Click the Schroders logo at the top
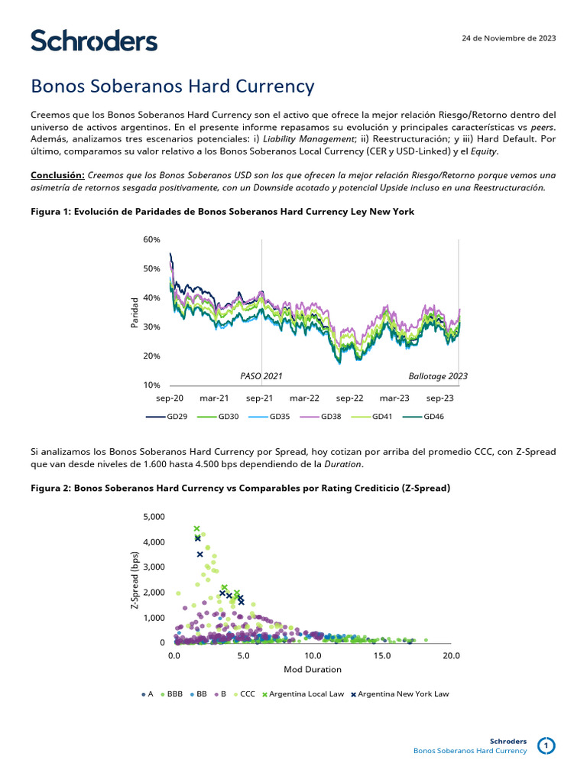94,41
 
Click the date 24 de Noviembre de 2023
509,38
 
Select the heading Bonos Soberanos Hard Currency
172,86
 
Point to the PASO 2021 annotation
261,376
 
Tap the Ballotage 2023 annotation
438,376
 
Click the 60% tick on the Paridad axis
151,239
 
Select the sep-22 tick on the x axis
349,398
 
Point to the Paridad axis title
135,314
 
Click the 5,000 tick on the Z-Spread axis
154,517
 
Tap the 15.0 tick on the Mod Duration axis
382,656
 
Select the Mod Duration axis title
313,669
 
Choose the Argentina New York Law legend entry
400,694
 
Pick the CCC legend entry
244,694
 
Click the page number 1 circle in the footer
546,746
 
